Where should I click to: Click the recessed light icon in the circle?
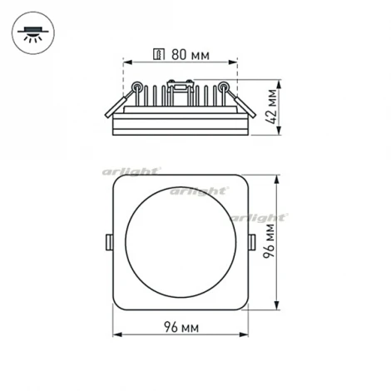[x=33, y=34]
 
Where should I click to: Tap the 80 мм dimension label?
[x=190, y=55]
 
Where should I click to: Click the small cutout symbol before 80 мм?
[x=158, y=55]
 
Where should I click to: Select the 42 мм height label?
[x=272, y=106]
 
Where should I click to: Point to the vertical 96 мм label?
[x=272, y=244]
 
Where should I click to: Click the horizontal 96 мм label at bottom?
[x=182, y=325]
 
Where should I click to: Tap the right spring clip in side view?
[x=241, y=103]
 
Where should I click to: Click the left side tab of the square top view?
[x=108, y=242]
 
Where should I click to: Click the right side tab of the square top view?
[x=254, y=242]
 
